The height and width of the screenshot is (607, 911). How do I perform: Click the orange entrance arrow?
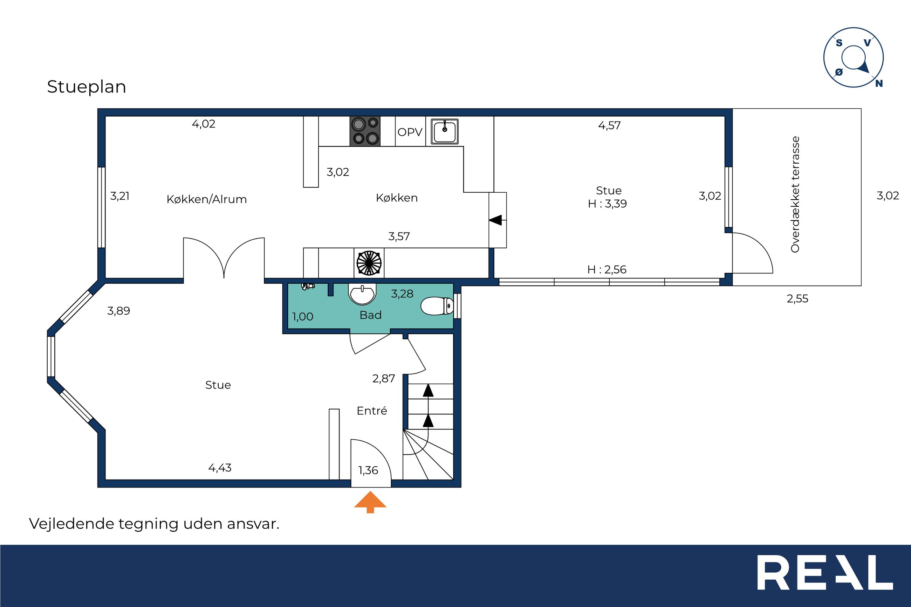370,502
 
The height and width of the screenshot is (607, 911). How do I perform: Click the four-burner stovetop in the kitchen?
365,131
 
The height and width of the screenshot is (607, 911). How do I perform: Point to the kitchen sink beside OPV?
445,132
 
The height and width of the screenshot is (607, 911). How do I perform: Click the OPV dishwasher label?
410,132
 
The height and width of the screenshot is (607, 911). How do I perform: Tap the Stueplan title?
86,87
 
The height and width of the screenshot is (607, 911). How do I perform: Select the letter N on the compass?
879,83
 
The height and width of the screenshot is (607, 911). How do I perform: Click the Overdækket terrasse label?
795,194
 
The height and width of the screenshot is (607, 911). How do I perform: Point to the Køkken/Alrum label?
206,199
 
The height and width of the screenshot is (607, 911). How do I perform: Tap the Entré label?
372,411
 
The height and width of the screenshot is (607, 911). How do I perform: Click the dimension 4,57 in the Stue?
609,125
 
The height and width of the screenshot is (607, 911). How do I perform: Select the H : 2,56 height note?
607,269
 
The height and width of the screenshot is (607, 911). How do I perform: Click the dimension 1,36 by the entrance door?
368,470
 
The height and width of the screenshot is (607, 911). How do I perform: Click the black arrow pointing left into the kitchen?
495,220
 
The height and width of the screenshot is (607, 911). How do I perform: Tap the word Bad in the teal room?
370,315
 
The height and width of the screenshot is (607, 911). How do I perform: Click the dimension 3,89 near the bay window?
118,311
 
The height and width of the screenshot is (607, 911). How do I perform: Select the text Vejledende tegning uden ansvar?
154,524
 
